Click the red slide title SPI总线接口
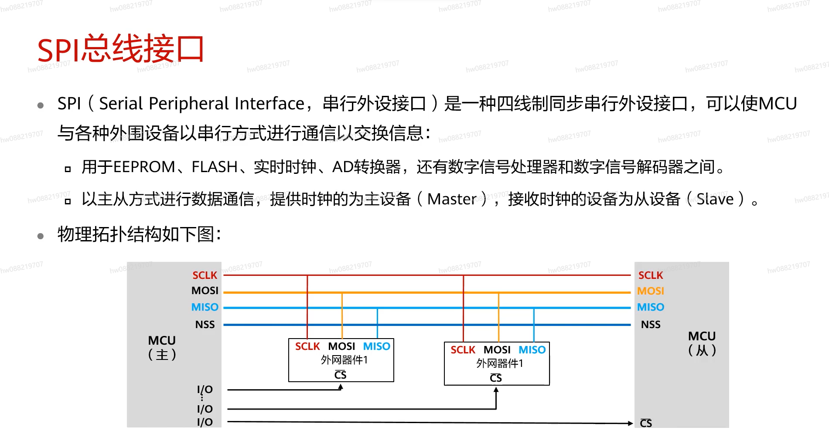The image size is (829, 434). pos(121,49)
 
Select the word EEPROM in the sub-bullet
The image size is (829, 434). pos(144,167)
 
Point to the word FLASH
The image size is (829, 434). pos(215,167)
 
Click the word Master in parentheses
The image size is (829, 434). pos(452,199)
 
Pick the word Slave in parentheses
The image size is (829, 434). pos(715,199)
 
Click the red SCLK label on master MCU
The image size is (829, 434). pos(205,275)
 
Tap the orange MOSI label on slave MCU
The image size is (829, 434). pos(650,291)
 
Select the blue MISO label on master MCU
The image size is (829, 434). pos(205,307)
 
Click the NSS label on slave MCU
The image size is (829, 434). pos(650,325)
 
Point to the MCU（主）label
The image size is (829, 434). pos(162,347)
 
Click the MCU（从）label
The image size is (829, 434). pos(702,343)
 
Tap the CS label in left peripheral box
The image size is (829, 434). pos(340,375)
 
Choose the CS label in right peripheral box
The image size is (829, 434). pos(496,378)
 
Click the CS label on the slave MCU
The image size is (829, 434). pos(646,423)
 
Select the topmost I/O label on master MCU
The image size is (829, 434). pos(205,390)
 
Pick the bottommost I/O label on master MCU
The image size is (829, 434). pos(205,422)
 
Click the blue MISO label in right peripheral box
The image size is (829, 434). pos(532,350)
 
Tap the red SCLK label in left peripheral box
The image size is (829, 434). pos(307,346)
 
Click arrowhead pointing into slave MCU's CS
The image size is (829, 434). pos(631,423)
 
